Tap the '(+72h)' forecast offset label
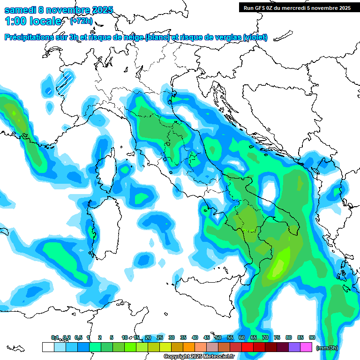point(80,21)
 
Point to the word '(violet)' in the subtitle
point(255,37)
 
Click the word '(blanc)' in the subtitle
point(157,37)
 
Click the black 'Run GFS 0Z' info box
point(297,7)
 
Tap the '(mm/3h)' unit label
point(327,347)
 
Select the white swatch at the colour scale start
point(48,347)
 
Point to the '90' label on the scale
point(312,337)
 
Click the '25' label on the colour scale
point(160,337)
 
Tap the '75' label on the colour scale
point(277,337)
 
